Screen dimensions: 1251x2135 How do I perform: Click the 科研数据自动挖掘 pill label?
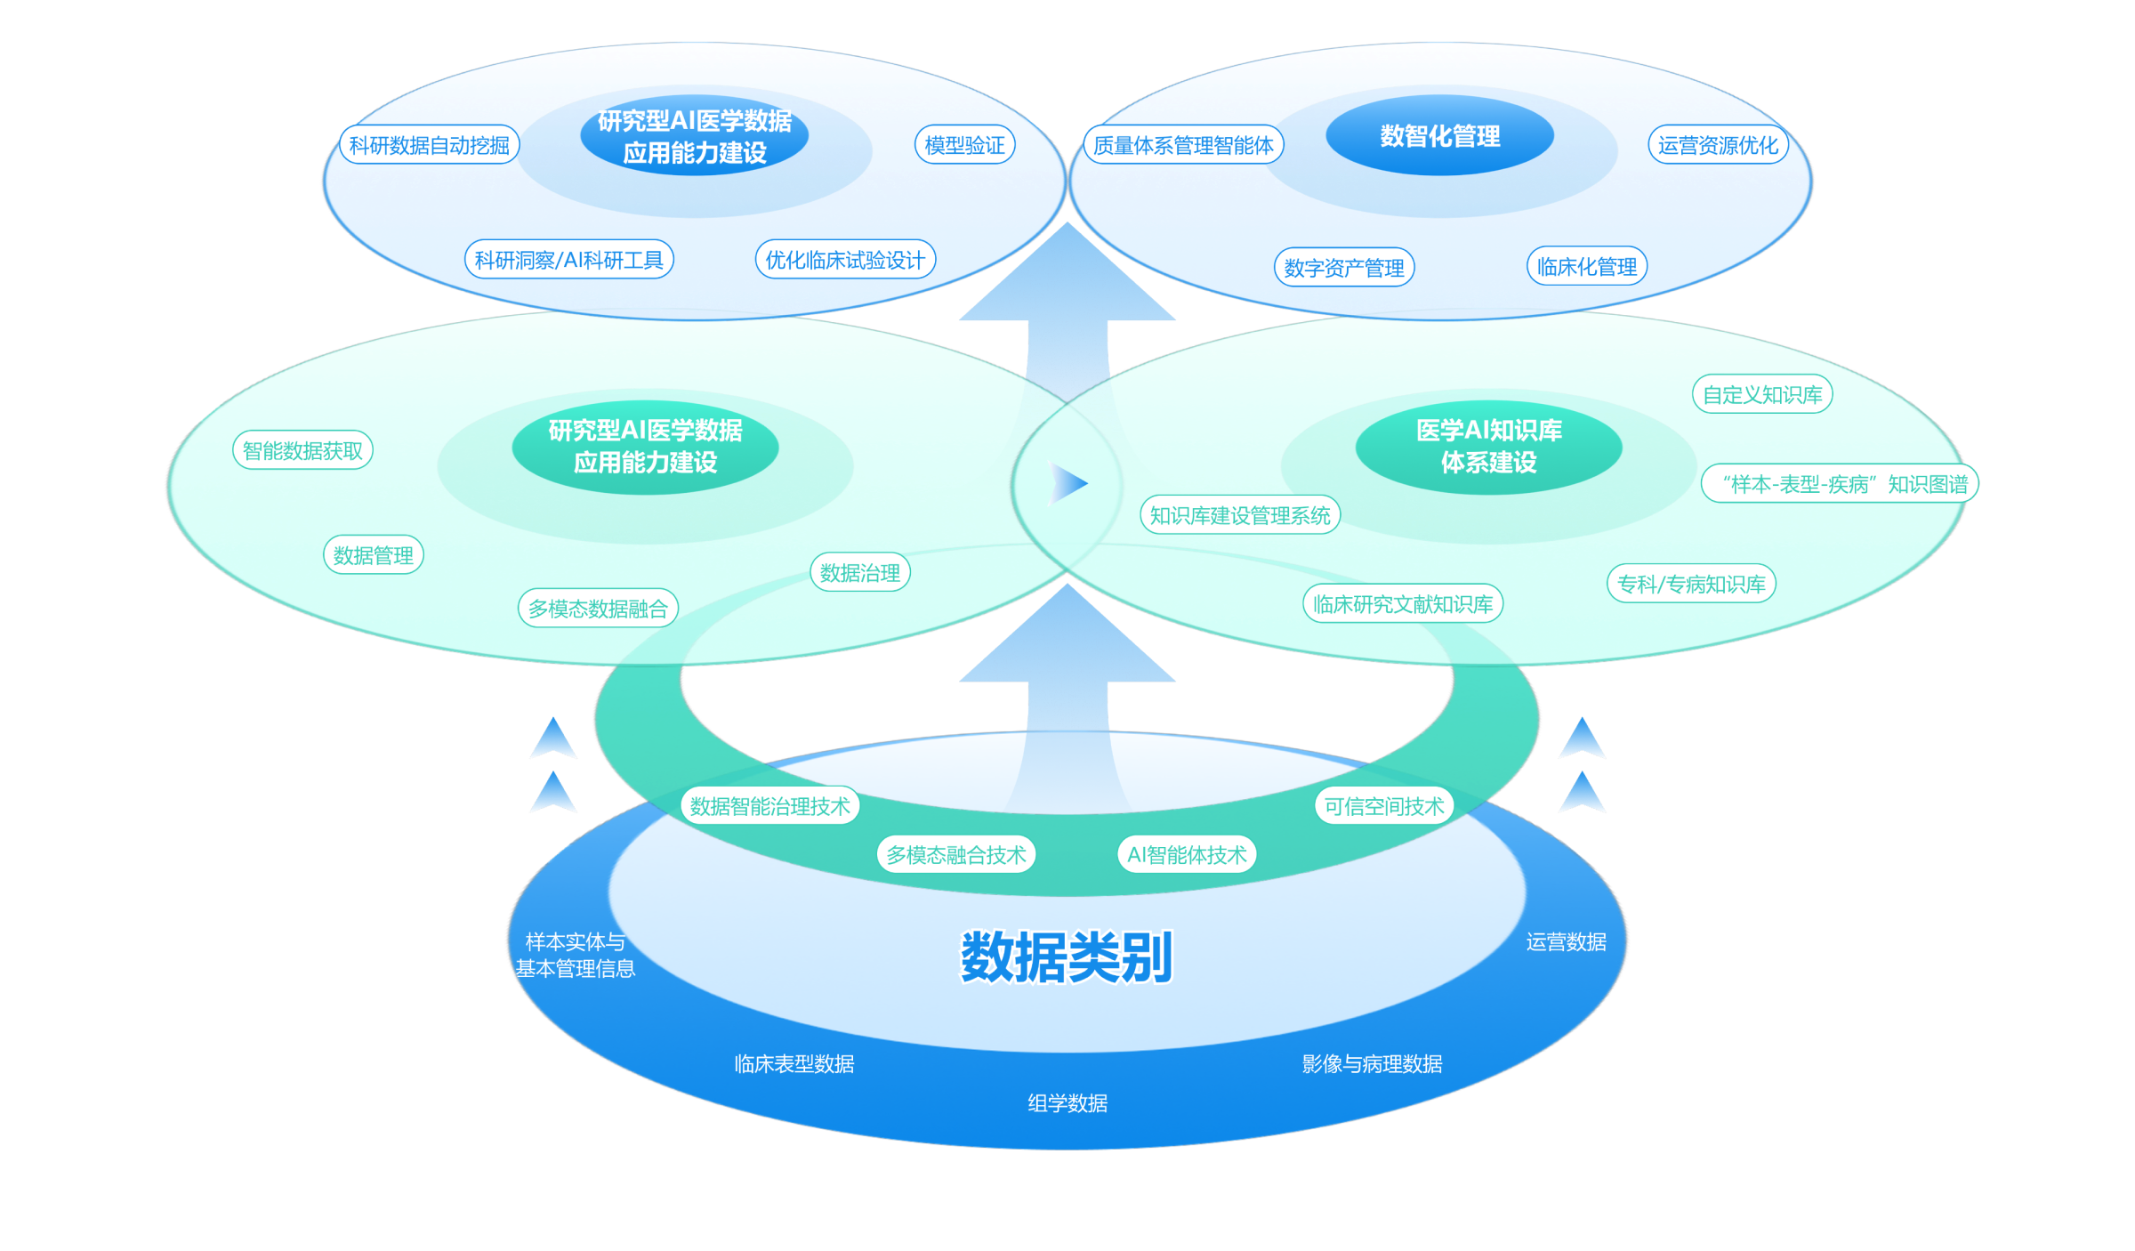(429, 145)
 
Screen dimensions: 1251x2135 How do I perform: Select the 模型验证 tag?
(964, 145)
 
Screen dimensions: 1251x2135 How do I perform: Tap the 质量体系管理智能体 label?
(1183, 145)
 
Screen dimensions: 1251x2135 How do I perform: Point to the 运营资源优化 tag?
(1718, 145)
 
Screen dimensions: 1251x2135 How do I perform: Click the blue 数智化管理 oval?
(1439, 136)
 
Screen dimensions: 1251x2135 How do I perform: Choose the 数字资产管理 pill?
(1344, 268)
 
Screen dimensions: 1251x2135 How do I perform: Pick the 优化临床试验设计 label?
(845, 260)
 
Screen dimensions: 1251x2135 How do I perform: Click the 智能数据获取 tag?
(302, 451)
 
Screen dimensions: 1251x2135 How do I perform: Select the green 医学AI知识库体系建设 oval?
(1488, 447)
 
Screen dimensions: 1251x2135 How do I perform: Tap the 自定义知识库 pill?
(1762, 395)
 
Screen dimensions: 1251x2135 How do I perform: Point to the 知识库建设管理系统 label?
(1240, 516)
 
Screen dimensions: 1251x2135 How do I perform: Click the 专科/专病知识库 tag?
(1691, 585)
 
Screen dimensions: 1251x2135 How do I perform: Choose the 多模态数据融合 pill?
(598, 609)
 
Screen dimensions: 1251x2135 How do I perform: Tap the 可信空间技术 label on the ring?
(1384, 806)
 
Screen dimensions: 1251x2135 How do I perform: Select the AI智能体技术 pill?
(1187, 855)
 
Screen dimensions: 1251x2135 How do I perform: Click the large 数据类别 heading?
(1067, 957)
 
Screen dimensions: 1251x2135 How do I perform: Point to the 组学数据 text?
(1067, 1103)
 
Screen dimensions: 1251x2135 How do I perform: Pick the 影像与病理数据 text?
(1372, 1063)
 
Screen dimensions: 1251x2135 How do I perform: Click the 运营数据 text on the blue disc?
(1566, 942)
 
